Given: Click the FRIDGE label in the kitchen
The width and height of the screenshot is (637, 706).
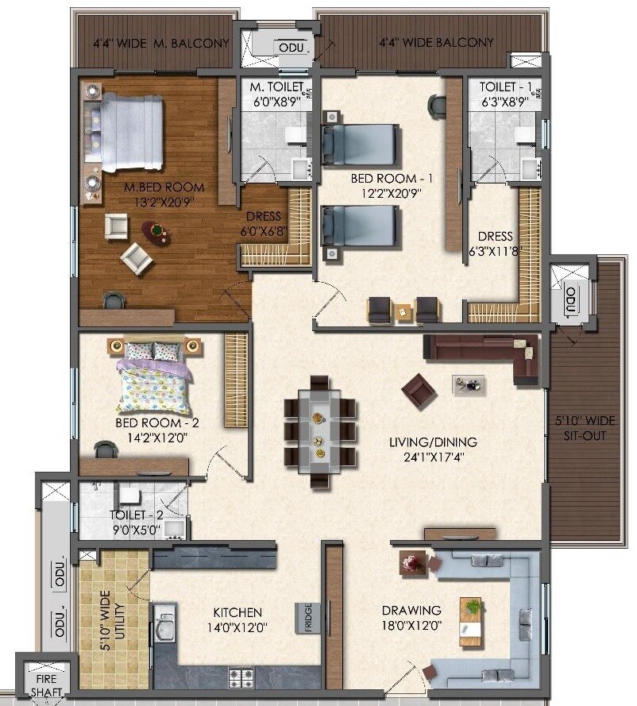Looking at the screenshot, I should [307, 618].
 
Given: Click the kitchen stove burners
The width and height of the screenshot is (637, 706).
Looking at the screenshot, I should [241, 677].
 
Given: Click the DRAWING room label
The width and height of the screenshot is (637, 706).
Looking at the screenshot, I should [411, 610].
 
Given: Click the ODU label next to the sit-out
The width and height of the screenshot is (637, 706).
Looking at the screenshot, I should [570, 299].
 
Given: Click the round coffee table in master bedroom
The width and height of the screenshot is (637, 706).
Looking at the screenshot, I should [156, 232].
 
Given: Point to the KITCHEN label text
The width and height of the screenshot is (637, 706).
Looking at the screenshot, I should [237, 612].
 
